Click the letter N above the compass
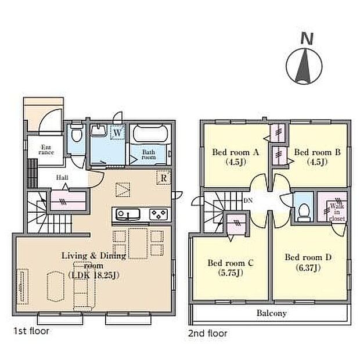coord(307,39)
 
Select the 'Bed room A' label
coord(235,152)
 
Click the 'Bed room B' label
coord(317,152)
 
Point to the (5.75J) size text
coord(231,273)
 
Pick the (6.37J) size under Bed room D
coord(308,268)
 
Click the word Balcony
coord(272,313)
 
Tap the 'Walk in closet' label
coord(337,212)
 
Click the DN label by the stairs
coord(248,200)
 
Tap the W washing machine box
coord(117,132)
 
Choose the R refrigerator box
coord(163,178)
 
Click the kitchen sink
coord(128,214)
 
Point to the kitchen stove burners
coord(159,214)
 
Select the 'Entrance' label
coord(46,149)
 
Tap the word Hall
coord(62,177)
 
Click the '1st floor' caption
coord(31,331)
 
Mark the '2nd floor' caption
coord(208,334)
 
